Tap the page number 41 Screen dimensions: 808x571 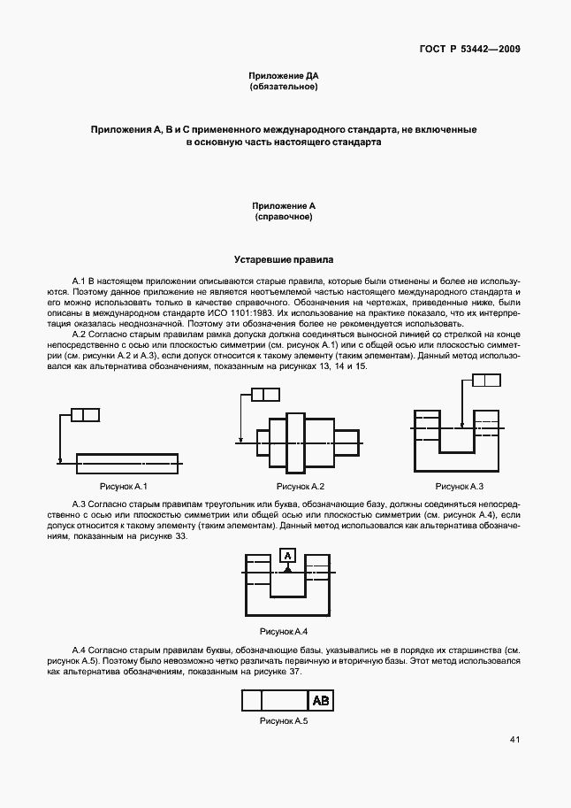[514, 740]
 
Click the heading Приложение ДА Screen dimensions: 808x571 [284, 76]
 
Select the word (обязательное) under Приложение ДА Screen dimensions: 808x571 [284, 87]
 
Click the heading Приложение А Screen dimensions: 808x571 [284, 205]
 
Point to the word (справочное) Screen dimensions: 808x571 [284, 216]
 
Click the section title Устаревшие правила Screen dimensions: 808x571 [284, 260]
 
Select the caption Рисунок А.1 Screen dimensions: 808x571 [123, 487]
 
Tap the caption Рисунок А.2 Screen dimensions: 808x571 [301, 487]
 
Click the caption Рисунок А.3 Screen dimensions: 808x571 [460, 487]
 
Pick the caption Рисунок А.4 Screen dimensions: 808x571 [283, 631]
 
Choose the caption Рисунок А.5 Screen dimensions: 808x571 [283, 722]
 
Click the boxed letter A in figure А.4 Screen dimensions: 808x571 [287, 556]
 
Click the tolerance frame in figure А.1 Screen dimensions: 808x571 [85, 414]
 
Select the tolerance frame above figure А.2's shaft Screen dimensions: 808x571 [264, 395]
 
